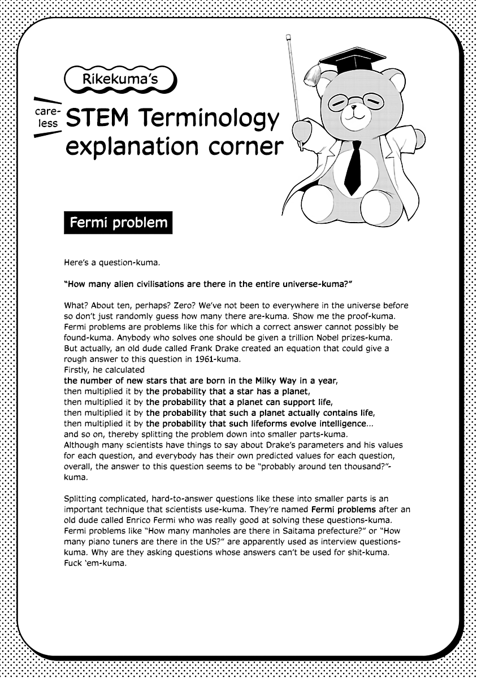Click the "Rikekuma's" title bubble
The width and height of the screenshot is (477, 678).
click(x=120, y=80)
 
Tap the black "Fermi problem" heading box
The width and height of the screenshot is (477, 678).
click(x=118, y=223)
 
